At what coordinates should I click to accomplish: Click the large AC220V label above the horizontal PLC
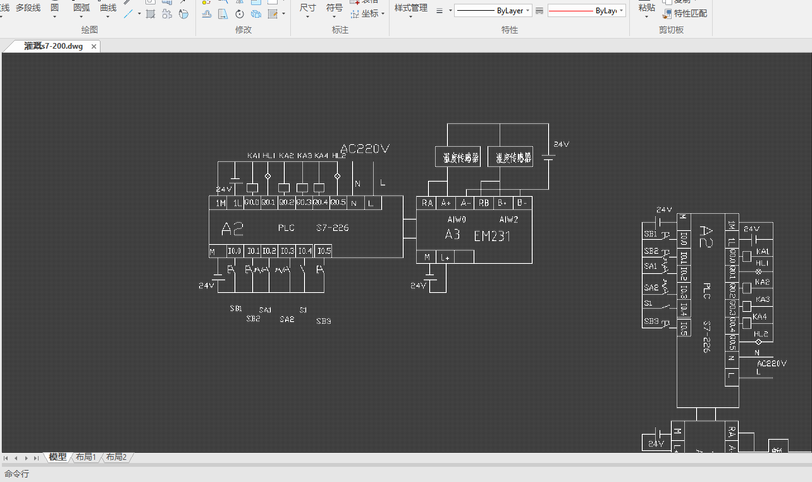click(x=364, y=149)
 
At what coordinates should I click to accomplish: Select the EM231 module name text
click(x=492, y=237)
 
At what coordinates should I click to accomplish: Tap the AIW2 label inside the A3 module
click(x=508, y=219)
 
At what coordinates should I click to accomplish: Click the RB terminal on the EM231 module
click(x=484, y=202)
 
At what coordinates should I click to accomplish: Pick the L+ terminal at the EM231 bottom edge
click(x=446, y=257)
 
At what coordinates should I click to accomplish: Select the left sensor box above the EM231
click(x=458, y=157)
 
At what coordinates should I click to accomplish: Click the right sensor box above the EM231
click(x=510, y=157)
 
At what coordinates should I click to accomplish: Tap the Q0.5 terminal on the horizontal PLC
click(x=339, y=202)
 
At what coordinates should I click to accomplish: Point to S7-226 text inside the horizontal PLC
click(x=332, y=228)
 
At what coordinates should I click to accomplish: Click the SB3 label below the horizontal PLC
click(x=323, y=321)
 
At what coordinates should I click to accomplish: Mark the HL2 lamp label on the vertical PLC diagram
click(x=761, y=333)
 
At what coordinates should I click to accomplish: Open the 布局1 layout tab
click(x=86, y=457)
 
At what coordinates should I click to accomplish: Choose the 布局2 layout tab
click(x=116, y=457)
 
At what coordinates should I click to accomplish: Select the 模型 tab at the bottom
click(x=58, y=457)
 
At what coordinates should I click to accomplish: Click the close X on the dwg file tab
click(x=94, y=46)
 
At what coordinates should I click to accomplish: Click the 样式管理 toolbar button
click(x=411, y=8)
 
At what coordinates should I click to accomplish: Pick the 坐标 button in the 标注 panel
click(x=369, y=13)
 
